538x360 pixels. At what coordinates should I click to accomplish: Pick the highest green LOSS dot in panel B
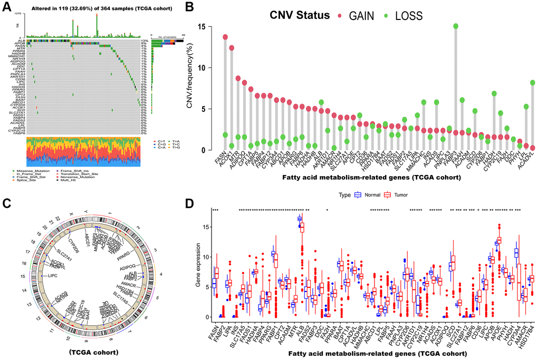point(455,26)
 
